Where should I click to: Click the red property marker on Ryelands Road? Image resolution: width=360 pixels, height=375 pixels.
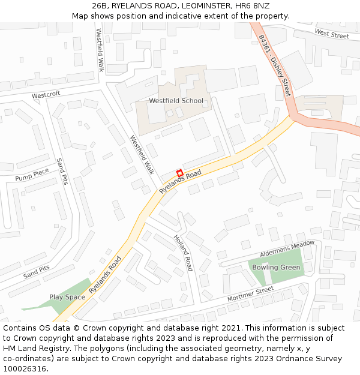click(179, 173)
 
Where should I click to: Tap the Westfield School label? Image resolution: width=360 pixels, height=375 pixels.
click(176, 101)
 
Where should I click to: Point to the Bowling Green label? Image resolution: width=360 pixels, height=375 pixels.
click(276, 267)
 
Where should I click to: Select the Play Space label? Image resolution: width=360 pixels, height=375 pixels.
click(67, 297)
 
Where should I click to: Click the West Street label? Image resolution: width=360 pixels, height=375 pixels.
click(331, 35)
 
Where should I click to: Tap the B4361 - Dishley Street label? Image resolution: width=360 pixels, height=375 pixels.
click(275, 65)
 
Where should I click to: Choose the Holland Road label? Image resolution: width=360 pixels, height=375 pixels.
click(183, 252)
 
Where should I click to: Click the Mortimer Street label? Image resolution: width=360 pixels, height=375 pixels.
click(250, 295)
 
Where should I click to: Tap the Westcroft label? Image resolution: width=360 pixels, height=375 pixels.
click(46, 95)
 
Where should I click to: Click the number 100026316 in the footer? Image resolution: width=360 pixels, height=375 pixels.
click(25, 368)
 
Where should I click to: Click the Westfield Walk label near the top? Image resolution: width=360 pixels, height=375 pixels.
click(100, 51)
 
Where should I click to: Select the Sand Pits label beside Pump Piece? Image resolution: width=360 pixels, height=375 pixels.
click(61, 171)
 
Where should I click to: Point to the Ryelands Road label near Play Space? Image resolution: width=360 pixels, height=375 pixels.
click(105, 275)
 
